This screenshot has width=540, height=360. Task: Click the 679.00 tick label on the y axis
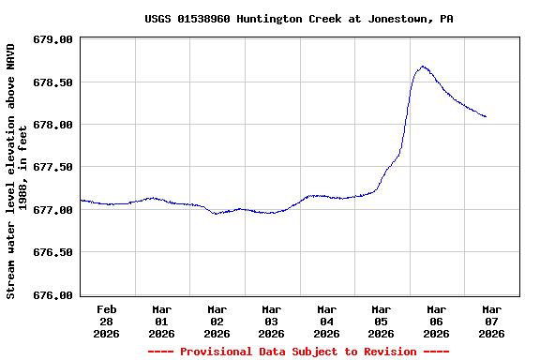click(x=53, y=40)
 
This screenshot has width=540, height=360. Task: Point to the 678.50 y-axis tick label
click(x=53, y=82)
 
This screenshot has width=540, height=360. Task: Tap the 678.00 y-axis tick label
click(x=53, y=125)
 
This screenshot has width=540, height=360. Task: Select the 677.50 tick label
click(x=53, y=167)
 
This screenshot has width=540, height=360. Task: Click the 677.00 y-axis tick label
click(x=53, y=210)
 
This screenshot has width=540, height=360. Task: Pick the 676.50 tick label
click(x=53, y=252)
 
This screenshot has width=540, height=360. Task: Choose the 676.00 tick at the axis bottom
click(x=53, y=294)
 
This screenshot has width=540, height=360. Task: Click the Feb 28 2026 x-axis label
click(x=107, y=321)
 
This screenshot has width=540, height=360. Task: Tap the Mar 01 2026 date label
click(x=161, y=321)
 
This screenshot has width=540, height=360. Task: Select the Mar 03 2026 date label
click(x=271, y=321)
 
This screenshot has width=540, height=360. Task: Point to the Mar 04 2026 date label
click(x=326, y=321)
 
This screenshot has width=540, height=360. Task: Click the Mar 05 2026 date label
click(x=381, y=321)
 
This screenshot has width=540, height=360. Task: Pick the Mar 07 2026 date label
click(x=491, y=321)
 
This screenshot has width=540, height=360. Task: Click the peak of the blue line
click(x=424, y=67)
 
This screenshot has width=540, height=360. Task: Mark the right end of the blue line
click(x=486, y=117)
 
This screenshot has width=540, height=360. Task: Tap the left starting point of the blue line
click(x=82, y=200)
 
